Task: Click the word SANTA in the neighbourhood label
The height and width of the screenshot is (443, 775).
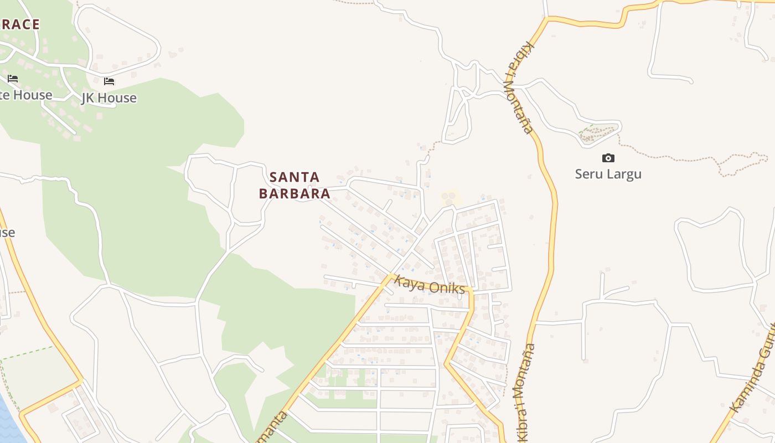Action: [294, 177]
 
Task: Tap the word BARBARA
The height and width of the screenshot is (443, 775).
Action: [294, 194]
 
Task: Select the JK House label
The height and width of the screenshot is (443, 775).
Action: [109, 98]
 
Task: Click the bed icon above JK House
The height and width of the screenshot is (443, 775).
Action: [109, 81]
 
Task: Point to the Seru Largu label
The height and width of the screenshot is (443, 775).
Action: [608, 174]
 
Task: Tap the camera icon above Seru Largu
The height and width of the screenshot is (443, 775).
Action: [608, 158]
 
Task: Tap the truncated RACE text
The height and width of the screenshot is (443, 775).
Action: [20, 24]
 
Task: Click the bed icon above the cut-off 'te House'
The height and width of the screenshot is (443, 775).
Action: [13, 79]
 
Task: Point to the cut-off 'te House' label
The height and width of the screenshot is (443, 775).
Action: [25, 95]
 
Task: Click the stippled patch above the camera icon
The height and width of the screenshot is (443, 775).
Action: [598, 133]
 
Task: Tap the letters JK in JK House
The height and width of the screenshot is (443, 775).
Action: [89, 98]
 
